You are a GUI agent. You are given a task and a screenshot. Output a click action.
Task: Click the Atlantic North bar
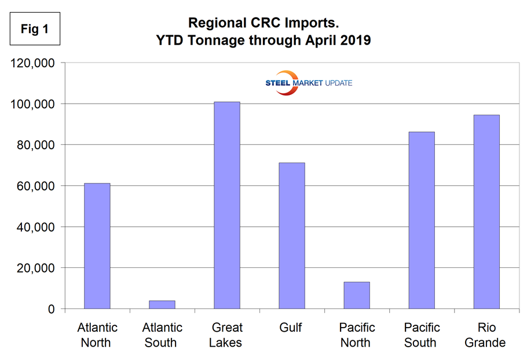[97, 246]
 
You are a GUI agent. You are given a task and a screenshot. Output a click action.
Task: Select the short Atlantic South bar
[162, 304]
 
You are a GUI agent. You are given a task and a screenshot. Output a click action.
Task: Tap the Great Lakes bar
[227, 205]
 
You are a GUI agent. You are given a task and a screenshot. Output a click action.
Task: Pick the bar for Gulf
[291, 236]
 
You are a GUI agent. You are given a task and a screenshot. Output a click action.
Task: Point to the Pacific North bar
[356, 295]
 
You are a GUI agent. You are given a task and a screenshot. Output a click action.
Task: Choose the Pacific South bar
[421, 220]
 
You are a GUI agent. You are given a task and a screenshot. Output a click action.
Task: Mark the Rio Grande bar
[486, 212]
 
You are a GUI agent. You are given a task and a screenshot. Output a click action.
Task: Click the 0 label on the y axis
[52, 310]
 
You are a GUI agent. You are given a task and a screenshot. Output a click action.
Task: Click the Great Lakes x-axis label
[227, 335]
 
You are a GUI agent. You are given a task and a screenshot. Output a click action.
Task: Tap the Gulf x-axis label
[291, 328]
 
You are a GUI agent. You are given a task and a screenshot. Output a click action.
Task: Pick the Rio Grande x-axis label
[486, 335]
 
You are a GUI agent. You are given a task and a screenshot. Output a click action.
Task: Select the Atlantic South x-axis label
[162, 335]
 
